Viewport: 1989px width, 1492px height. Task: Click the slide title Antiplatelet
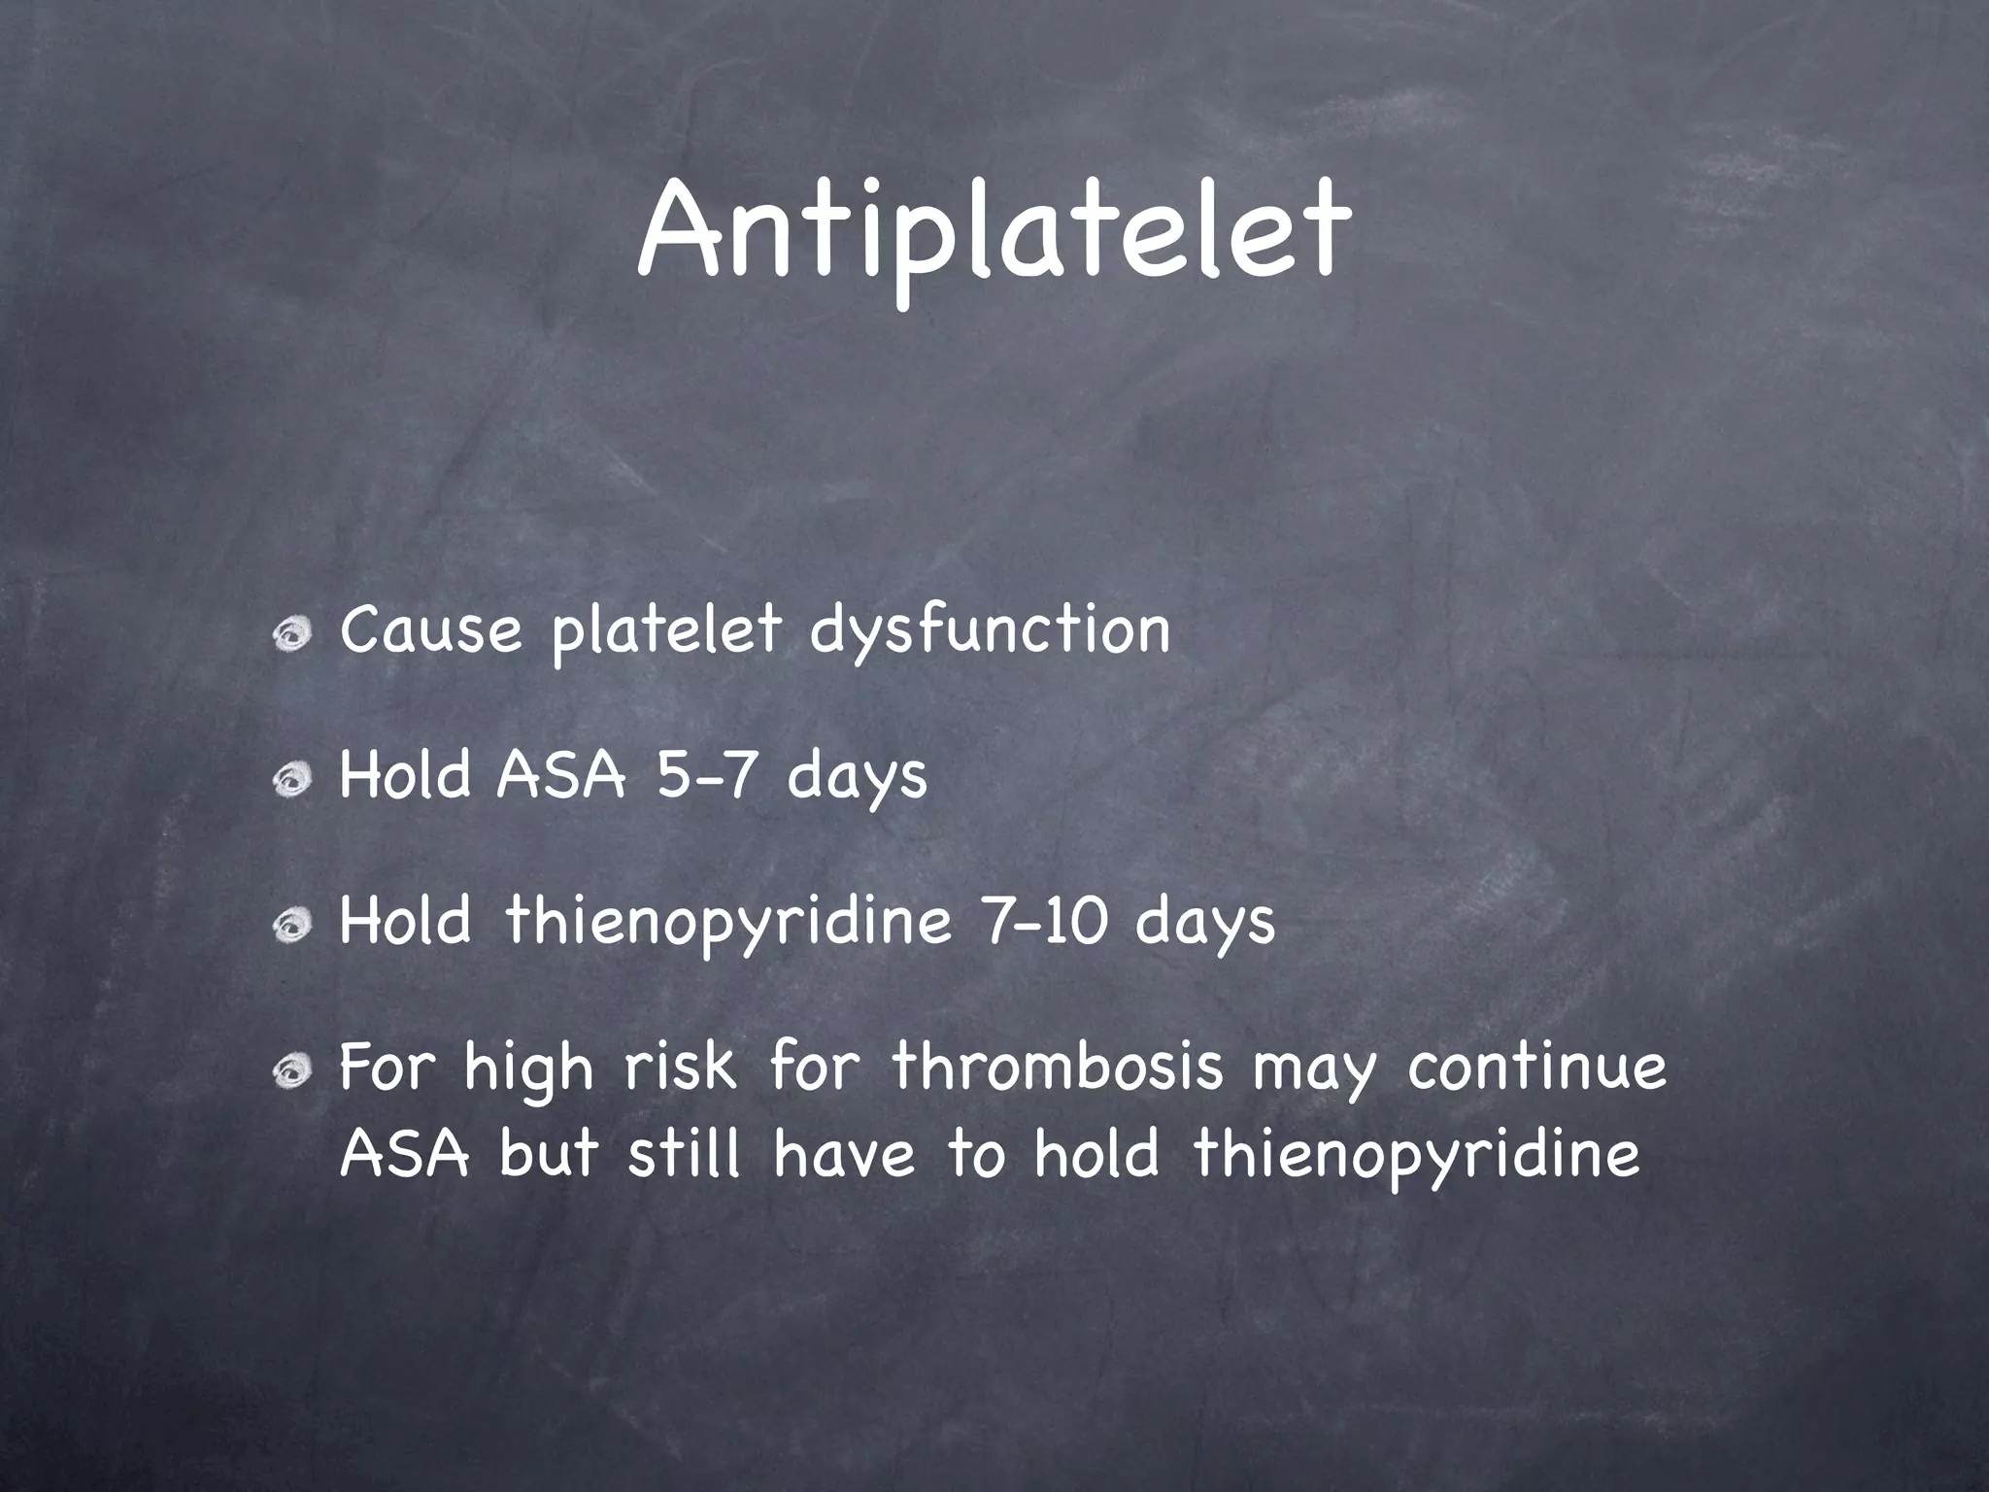point(994,233)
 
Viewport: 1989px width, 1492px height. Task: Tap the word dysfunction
point(990,631)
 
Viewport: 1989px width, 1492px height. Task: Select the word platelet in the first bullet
point(666,631)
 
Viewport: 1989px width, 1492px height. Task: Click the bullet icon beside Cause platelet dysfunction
point(291,636)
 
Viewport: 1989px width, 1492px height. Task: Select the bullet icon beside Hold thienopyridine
point(291,928)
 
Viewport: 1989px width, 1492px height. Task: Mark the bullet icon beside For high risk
point(291,1072)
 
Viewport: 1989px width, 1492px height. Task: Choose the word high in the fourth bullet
point(527,1068)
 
